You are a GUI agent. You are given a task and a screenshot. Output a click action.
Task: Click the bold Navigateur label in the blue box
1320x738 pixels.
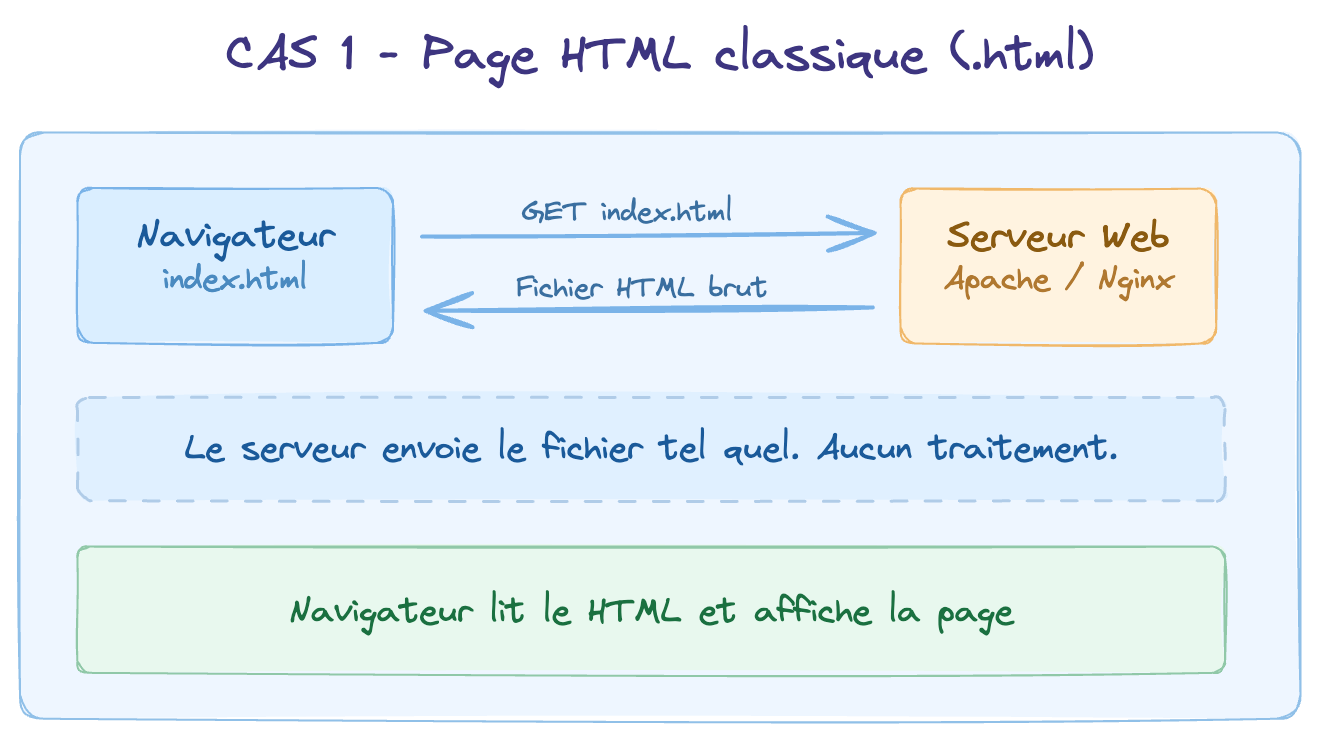[x=236, y=237]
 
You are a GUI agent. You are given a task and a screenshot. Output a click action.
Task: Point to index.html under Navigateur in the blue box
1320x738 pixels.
[x=235, y=278]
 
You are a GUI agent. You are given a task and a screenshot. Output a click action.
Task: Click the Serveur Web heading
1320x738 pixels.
[x=1058, y=237]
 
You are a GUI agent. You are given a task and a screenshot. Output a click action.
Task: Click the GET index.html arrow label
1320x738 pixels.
[x=626, y=211]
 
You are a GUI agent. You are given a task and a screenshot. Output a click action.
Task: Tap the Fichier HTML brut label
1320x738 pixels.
[x=641, y=288]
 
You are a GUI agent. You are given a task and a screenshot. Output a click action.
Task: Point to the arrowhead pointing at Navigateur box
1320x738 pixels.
[x=440, y=309]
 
